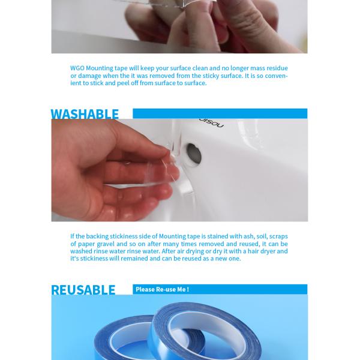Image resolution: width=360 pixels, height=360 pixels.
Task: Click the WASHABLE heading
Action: [85, 114]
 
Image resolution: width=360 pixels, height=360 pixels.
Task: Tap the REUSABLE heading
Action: [83, 290]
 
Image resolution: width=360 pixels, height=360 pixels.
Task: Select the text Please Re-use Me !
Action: [163, 289]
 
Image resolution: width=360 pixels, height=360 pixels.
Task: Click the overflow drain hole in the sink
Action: [194, 154]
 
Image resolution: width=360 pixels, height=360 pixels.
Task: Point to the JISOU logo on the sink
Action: [211, 123]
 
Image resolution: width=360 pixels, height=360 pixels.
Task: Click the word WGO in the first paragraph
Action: [77, 68]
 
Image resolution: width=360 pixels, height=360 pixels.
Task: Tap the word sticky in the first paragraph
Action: [211, 76]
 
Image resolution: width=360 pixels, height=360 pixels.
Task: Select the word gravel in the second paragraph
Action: [106, 244]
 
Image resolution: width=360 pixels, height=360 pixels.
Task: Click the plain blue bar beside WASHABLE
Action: [220, 113]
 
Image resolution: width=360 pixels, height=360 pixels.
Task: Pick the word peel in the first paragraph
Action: [123, 83]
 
